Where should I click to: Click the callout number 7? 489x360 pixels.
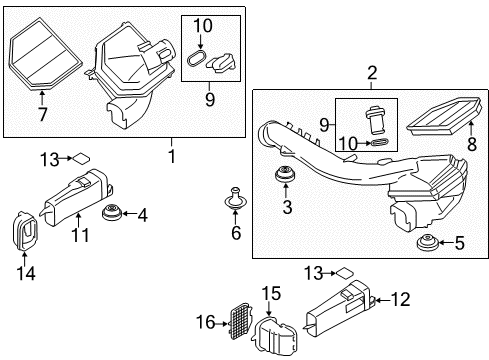[42, 114]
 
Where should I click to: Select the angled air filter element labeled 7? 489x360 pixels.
[44, 55]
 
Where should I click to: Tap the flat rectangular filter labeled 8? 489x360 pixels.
[445, 117]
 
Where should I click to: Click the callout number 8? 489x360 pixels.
[472, 144]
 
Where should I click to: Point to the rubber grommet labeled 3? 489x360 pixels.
[285, 174]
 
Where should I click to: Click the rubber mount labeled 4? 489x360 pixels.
[112, 213]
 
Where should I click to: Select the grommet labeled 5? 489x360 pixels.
[427, 242]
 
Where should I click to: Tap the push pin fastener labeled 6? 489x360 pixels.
[235, 199]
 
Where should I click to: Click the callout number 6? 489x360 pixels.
[236, 232]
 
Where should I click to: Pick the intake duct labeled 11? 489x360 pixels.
[77, 197]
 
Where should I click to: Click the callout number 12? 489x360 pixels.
[400, 299]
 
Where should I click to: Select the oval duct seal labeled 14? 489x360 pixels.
[25, 231]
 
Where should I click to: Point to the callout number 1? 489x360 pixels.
[172, 156]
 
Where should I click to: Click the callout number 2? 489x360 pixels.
[372, 73]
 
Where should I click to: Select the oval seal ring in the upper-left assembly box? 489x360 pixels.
[197, 59]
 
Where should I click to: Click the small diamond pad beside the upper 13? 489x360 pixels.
[82, 158]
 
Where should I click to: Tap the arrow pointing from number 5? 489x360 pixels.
[445, 243]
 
